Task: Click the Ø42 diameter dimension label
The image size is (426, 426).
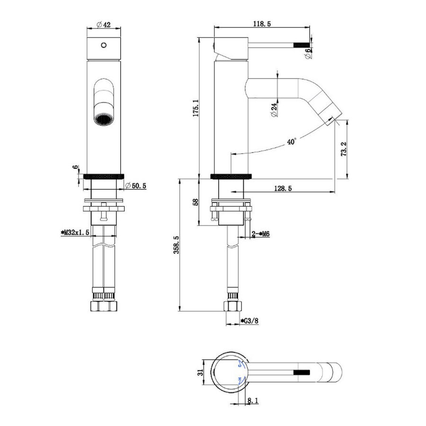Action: click(x=104, y=25)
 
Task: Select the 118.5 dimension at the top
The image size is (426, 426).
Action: click(x=262, y=24)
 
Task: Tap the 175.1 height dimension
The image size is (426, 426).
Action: click(x=195, y=108)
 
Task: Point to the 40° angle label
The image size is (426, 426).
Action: click(x=292, y=142)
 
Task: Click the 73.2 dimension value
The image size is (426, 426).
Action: click(x=344, y=149)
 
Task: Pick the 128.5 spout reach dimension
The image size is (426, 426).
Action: click(x=283, y=188)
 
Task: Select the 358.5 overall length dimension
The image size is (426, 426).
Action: click(x=177, y=245)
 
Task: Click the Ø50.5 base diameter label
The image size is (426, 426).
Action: click(x=136, y=186)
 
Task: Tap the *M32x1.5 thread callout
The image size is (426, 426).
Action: click(x=75, y=232)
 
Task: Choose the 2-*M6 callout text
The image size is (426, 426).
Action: click(x=260, y=234)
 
